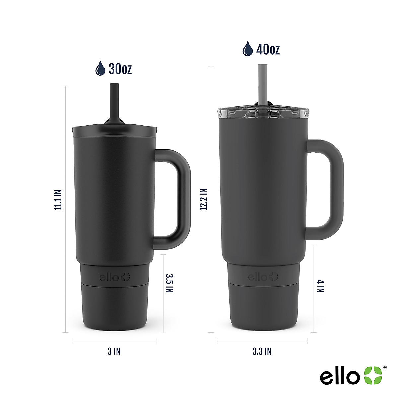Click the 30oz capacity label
coord(120,69)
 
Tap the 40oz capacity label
coord(268,50)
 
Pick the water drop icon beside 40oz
coord(247,49)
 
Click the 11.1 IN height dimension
coord(58,200)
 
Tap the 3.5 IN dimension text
coord(169,283)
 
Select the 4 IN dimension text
coord(320,286)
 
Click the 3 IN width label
coord(114,351)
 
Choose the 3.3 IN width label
coord(262,351)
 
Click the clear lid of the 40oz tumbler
coord(264,113)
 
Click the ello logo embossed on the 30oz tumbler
coord(115,277)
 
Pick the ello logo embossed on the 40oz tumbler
coord(263,277)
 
